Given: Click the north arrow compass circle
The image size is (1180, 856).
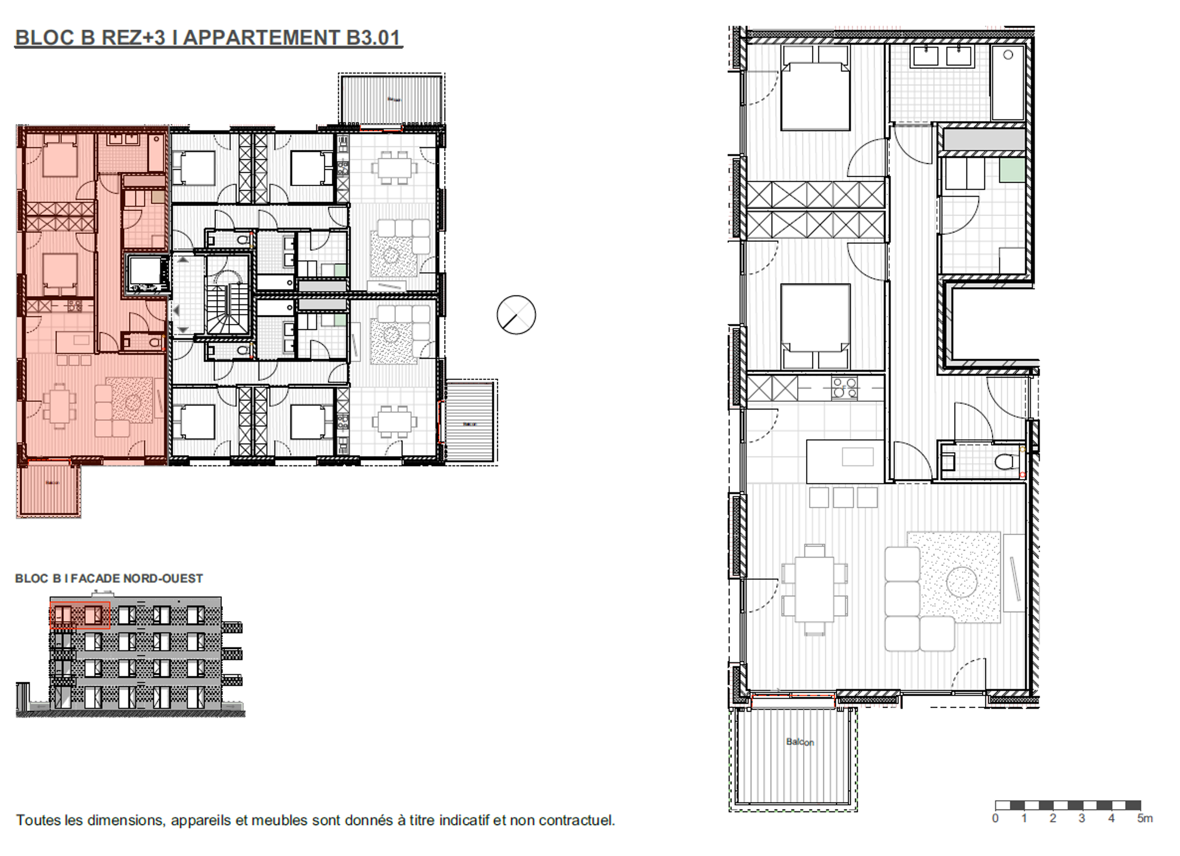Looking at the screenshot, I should tap(516, 314).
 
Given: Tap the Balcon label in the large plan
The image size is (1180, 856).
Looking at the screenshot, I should tap(800, 742).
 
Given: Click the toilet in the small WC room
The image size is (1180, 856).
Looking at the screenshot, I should tap(1007, 461).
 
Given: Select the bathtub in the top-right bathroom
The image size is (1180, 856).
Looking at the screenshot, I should tap(1008, 83).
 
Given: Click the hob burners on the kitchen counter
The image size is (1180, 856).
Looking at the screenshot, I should tap(844, 388).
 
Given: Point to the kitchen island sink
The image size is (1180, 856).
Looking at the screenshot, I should tap(858, 457).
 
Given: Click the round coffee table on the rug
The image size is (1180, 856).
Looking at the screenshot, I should tap(961, 582).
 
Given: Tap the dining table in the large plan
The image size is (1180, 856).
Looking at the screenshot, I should tap(814, 589).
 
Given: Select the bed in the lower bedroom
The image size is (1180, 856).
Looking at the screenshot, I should tap(815, 319).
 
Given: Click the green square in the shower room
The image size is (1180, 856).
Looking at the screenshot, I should tap(1012, 170).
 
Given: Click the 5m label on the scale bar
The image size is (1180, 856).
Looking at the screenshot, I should tap(1145, 819).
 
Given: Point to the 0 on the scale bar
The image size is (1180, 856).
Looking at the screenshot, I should tap(995, 819).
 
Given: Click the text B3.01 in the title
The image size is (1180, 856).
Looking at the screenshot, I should tap(373, 37).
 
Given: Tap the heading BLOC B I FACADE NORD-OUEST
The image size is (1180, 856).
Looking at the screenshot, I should tap(109, 578).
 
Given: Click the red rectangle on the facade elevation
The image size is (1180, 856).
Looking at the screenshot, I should tap(80, 615).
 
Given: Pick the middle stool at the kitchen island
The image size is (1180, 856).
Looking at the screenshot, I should tap(843, 498).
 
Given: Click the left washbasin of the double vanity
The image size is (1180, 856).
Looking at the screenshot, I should tap(925, 56).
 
